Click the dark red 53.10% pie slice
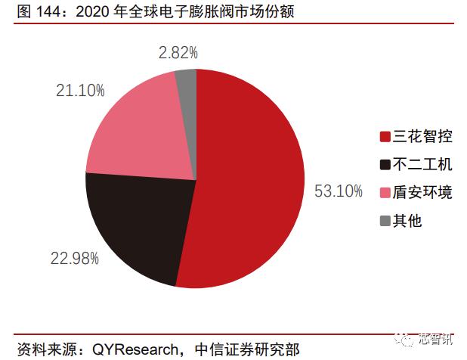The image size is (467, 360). pyautogui.click(x=249, y=182)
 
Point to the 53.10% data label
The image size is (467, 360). pyautogui.click(x=339, y=191)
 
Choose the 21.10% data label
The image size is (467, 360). pyautogui.click(x=79, y=90)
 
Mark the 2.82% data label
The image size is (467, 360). pyautogui.click(x=178, y=53)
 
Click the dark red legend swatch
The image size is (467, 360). pyautogui.click(x=385, y=137)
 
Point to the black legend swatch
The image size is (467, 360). pyautogui.click(x=385, y=165)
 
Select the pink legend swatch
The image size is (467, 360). pyautogui.click(x=385, y=193)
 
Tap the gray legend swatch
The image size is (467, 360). pyautogui.click(x=385, y=221)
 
